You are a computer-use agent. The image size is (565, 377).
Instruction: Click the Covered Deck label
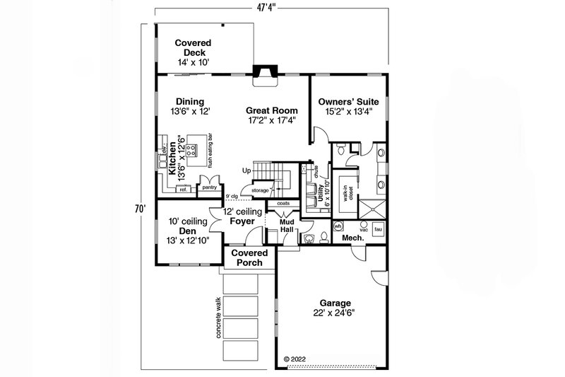coord(192,53)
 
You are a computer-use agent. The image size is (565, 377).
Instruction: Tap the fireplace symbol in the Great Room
coord(266,73)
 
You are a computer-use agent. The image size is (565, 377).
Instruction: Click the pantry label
coord(209,187)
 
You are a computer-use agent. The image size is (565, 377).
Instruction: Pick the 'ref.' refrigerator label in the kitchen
coord(183,189)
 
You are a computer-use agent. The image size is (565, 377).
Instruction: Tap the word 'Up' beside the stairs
coord(246,171)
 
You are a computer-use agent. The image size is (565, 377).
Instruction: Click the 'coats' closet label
coord(282,203)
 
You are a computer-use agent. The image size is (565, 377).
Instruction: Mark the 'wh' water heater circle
coord(338,226)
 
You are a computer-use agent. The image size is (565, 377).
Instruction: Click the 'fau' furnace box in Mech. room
coord(378,229)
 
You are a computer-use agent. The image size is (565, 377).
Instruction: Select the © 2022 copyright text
coord(297,359)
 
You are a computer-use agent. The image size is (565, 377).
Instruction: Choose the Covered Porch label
coord(246,257)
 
